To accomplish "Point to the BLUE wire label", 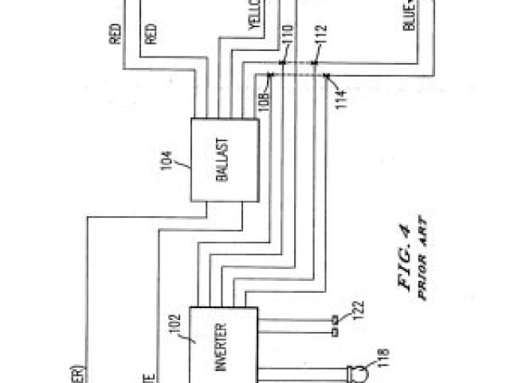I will [x=410, y=15].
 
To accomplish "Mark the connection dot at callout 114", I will [x=327, y=76].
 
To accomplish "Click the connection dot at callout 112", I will [x=316, y=61].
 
